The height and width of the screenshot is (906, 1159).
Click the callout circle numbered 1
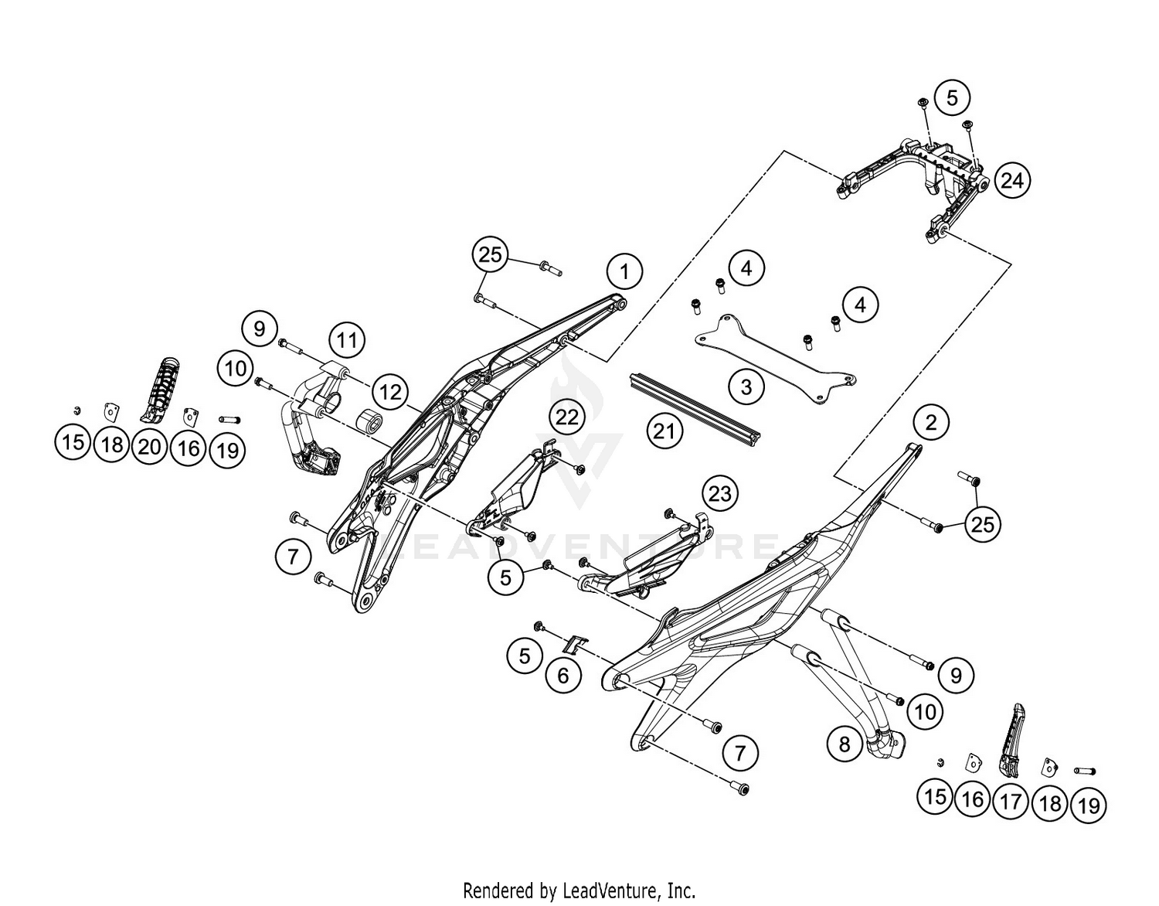[624, 271]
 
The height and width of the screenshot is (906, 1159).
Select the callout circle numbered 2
[930, 422]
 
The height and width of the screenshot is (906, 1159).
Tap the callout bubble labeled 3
[746, 386]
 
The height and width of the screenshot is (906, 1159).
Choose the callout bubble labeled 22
[567, 417]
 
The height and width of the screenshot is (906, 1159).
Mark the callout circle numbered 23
[719, 493]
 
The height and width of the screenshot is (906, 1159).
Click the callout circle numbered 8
[844, 744]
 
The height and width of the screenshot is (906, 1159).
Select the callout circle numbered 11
[347, 339]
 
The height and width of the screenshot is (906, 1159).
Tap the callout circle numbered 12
[391, 392]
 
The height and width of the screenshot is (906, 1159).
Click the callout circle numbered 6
[563, 676]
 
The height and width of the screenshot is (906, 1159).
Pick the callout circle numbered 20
[150, 446]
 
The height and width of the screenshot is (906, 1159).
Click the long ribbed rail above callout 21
[695, 407]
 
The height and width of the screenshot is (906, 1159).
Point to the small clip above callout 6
[575, 644]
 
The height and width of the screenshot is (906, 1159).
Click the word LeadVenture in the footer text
[610, 890]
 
